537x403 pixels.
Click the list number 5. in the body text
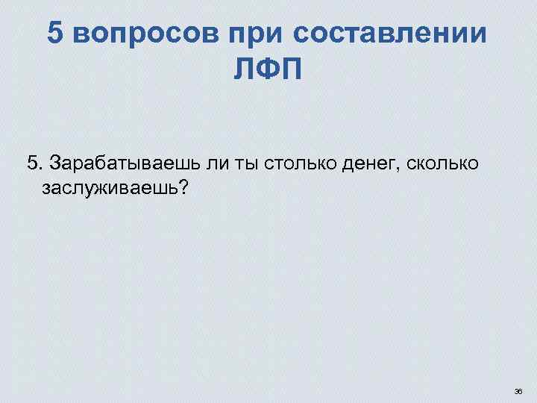click(34, 163)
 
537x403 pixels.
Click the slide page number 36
click(518, 390)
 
